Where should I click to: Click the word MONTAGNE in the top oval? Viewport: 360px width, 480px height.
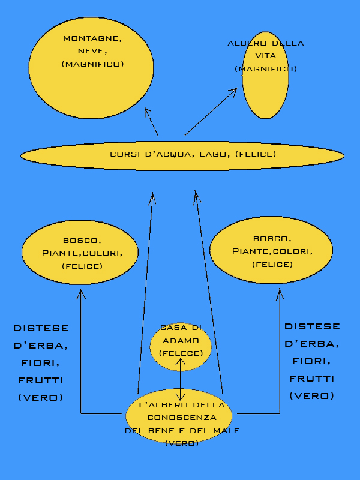pyautogui.click(x=92, y=38)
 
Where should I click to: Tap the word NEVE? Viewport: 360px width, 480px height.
pyautogui.click(x=92, y=51)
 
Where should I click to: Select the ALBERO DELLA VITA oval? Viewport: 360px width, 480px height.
pyautogui.click(x=265, y=90)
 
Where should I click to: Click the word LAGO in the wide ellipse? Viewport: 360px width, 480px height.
pyautogui.click(x=212, y=155)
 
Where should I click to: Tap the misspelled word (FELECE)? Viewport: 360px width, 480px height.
pyautogui.click(x=181, y=353)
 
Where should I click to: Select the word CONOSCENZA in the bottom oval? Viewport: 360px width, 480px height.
pyautogui.click(x=181, y=418)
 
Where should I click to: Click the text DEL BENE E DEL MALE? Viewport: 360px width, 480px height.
pyautogui.click(x=182, y=431)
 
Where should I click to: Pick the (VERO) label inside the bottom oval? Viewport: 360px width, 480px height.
pyautogui.click(x=181, y=443)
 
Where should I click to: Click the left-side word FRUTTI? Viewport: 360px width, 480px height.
pyautogui.click(x=41, y=380)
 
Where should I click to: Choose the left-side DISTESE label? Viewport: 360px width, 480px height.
pyautogui.click(x=41, y=328)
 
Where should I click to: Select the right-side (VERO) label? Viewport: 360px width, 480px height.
pyautogui.click(x=312, y=396)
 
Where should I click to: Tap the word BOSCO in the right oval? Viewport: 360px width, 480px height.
pyautogui.click(x=272, y=238)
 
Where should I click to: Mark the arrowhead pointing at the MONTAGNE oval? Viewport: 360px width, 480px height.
pyautogui.click(x=146, y=111)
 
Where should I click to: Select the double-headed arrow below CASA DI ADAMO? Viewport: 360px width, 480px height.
pyautogui.click(x=181, y=380)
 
